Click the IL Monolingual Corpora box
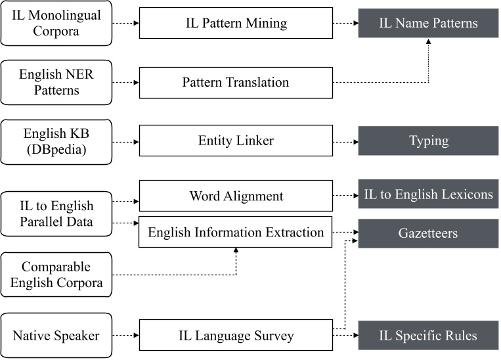pos(56,24)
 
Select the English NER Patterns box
pos(56,82)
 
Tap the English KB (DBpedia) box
pos(56,141)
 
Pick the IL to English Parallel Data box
pos(56,214)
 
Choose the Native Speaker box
pos(56,336)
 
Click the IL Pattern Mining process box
pos(235,24)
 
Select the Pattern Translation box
pos(235,82)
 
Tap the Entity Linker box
pos(235,141)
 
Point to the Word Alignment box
pos(235,196)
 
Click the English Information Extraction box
pos(235,232)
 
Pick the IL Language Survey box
pos(235,336)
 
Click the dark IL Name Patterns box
pos(428,24)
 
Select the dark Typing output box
pos(428,141)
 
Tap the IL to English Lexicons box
pos(428,196)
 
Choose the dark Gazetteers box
pos(428,233)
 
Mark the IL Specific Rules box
pos(428,336)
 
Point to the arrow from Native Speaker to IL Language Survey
pos(125,336)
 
